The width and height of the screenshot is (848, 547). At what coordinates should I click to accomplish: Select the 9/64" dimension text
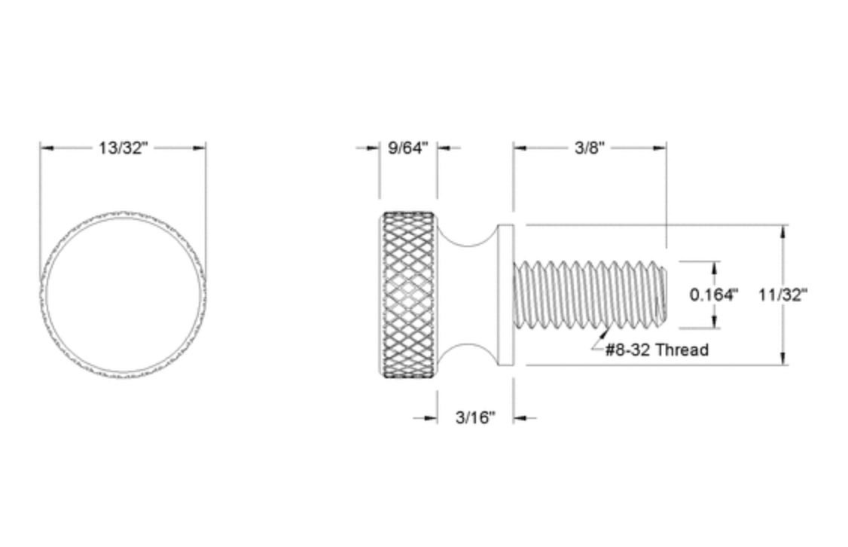[407, 148]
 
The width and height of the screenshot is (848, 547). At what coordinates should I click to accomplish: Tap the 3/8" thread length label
[590, 148]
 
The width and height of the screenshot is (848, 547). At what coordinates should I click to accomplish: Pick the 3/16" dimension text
[475, 417]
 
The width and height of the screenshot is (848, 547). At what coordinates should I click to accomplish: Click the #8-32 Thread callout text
[657, 350]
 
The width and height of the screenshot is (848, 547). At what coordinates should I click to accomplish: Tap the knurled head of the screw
[408, 295]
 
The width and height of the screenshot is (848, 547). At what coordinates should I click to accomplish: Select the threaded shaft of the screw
[587, 295]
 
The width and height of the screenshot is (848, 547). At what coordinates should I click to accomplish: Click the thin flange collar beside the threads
[505, 295]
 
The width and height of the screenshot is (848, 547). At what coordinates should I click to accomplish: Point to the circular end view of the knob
[123, 295]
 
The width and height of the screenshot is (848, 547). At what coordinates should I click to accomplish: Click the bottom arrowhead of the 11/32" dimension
[785, 359]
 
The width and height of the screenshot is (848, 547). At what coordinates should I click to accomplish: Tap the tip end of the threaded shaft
[663, 295]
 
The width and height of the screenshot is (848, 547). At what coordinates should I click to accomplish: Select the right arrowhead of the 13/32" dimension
[200, 148]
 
